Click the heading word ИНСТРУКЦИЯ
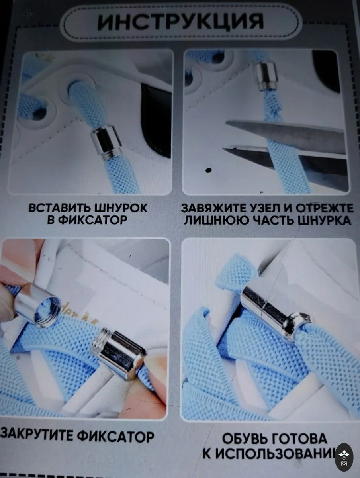(x=180, y=22)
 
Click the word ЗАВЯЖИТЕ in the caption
(x=214, y=208)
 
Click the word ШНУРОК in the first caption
(x=120, y=208)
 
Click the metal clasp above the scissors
(x=265, y=76)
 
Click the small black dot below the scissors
(x=208, y=170)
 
